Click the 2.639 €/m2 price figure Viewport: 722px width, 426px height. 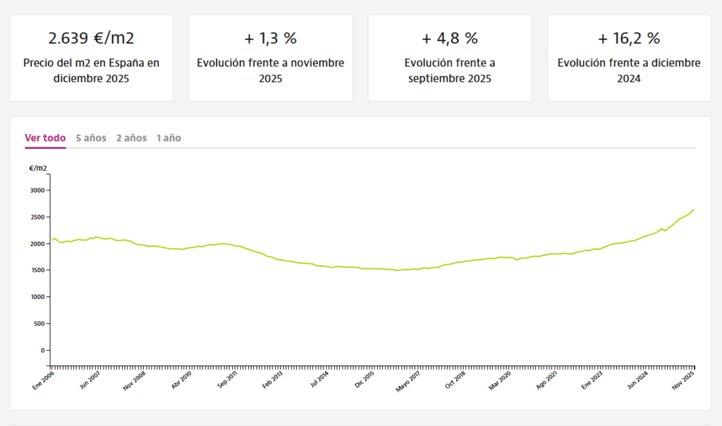coord(91,37)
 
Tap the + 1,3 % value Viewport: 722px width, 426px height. coord(270,37)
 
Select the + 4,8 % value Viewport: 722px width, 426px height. coord(450,37)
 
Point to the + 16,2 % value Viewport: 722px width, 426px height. coord(629,37)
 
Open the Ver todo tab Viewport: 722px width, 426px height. coord(45,138)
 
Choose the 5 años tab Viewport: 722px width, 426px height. coord(91,138)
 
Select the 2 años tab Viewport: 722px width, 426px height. coord(132,138)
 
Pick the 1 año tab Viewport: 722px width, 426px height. coord(169,138)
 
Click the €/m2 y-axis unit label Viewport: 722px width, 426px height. coord(38,168)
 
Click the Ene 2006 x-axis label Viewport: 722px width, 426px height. coord(44,379)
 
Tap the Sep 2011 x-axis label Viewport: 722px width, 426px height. coord(227,379)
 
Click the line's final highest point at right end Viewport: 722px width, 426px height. coord(694,209)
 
